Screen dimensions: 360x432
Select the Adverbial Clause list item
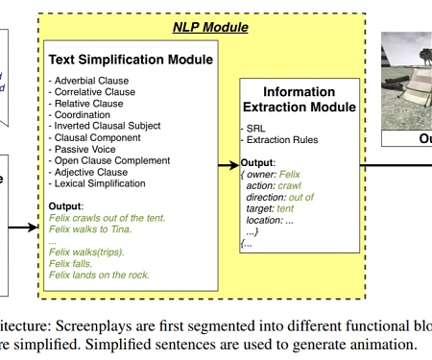tap(85, 80)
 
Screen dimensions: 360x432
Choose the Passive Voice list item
tap(84, 149)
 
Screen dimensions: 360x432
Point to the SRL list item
tap(254, 129)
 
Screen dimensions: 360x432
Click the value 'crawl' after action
tap(291, 185)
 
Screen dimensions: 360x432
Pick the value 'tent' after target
tap(284, 208)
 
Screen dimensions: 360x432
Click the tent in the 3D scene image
tap(414, 91)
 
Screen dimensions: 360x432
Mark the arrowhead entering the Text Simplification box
tap(36, 228)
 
